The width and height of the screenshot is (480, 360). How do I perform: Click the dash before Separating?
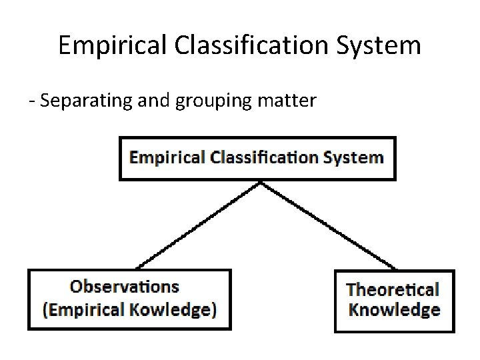[x=31, y=102]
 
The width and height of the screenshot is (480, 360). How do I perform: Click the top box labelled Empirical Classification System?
[x=257, y=159]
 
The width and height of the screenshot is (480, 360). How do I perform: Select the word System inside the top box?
[x=354, y=158]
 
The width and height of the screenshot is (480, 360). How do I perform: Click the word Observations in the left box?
[x=125, y=287]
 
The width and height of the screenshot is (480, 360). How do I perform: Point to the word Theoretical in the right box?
[x=393, y=289]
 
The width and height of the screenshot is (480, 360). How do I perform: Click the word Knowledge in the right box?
[x=394, y=310]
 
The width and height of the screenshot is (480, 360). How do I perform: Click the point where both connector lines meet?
[x=261, y=182]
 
